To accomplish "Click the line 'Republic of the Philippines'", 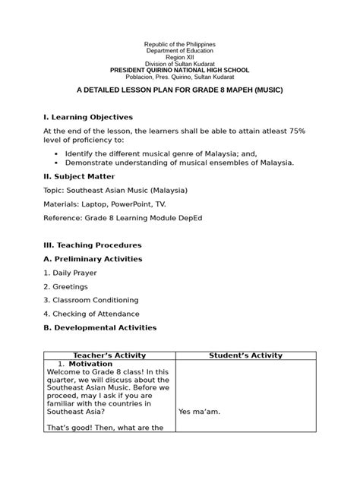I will click(180, 44).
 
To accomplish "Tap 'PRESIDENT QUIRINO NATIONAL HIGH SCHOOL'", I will click(180, 70).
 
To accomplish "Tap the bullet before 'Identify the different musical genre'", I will click(56, 153).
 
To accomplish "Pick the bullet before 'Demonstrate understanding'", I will click(56, 162).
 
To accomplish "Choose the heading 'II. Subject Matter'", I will click(80, 175).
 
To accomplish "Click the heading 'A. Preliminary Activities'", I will click(93, 259).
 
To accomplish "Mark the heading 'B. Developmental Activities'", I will click(99, 327).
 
